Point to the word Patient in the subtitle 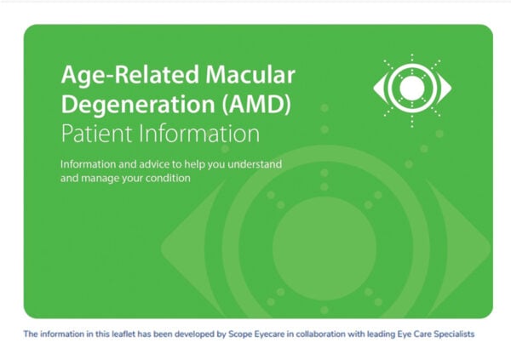tap(92, 134)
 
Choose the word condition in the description tap(168, 179)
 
